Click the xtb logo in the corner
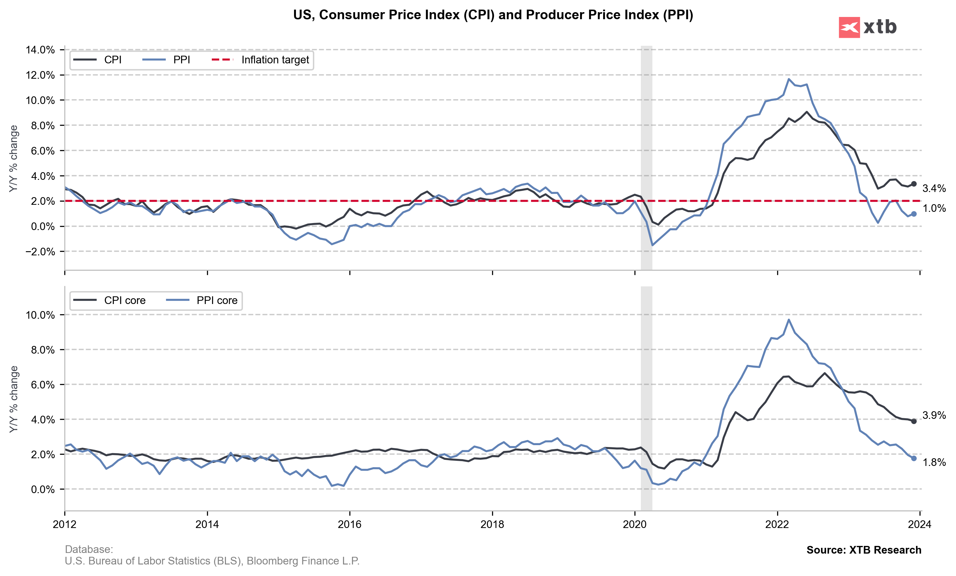[868, 27]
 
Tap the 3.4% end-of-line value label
[934, 188]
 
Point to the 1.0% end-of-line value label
[934, 208]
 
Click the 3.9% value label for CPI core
[934, 415]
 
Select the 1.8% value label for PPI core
[934, 462]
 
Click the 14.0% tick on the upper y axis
[40, 50]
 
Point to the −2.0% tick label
[40, 252]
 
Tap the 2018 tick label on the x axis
[492, 524]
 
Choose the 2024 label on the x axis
[920, 524]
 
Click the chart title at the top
[493, 15]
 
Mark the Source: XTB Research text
[864, 550]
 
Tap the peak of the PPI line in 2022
[788, 79]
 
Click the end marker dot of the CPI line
[914, 184]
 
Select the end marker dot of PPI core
[914, 458]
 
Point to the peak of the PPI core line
[789, 320]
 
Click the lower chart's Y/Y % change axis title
[14, 399]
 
